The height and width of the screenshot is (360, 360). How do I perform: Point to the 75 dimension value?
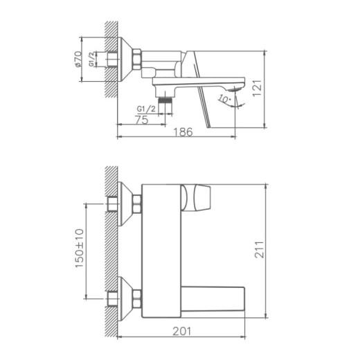(141, 120)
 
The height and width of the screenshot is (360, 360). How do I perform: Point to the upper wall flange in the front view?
(124, 204)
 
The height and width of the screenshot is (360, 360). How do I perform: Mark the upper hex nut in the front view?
(137, 204)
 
